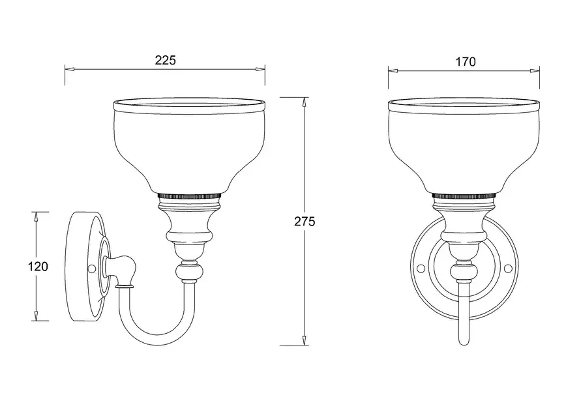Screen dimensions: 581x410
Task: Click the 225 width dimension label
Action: pyautogui.click(x=165, y=60)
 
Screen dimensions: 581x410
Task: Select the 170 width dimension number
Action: pyautogui.click(x=465, y=61)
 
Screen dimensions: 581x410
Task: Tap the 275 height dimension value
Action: pyautogui.click(x=305, y=222)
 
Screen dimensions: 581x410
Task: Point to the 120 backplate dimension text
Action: pyautogui.click(x=38, y=267)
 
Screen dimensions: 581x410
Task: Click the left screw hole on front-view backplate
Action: pyautogui.click(x=420, y=267)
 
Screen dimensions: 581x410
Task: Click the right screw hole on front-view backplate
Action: pyautogui.click(x=508, y=267)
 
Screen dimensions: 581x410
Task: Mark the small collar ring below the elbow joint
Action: pyautogui.click(x=124, y=286)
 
